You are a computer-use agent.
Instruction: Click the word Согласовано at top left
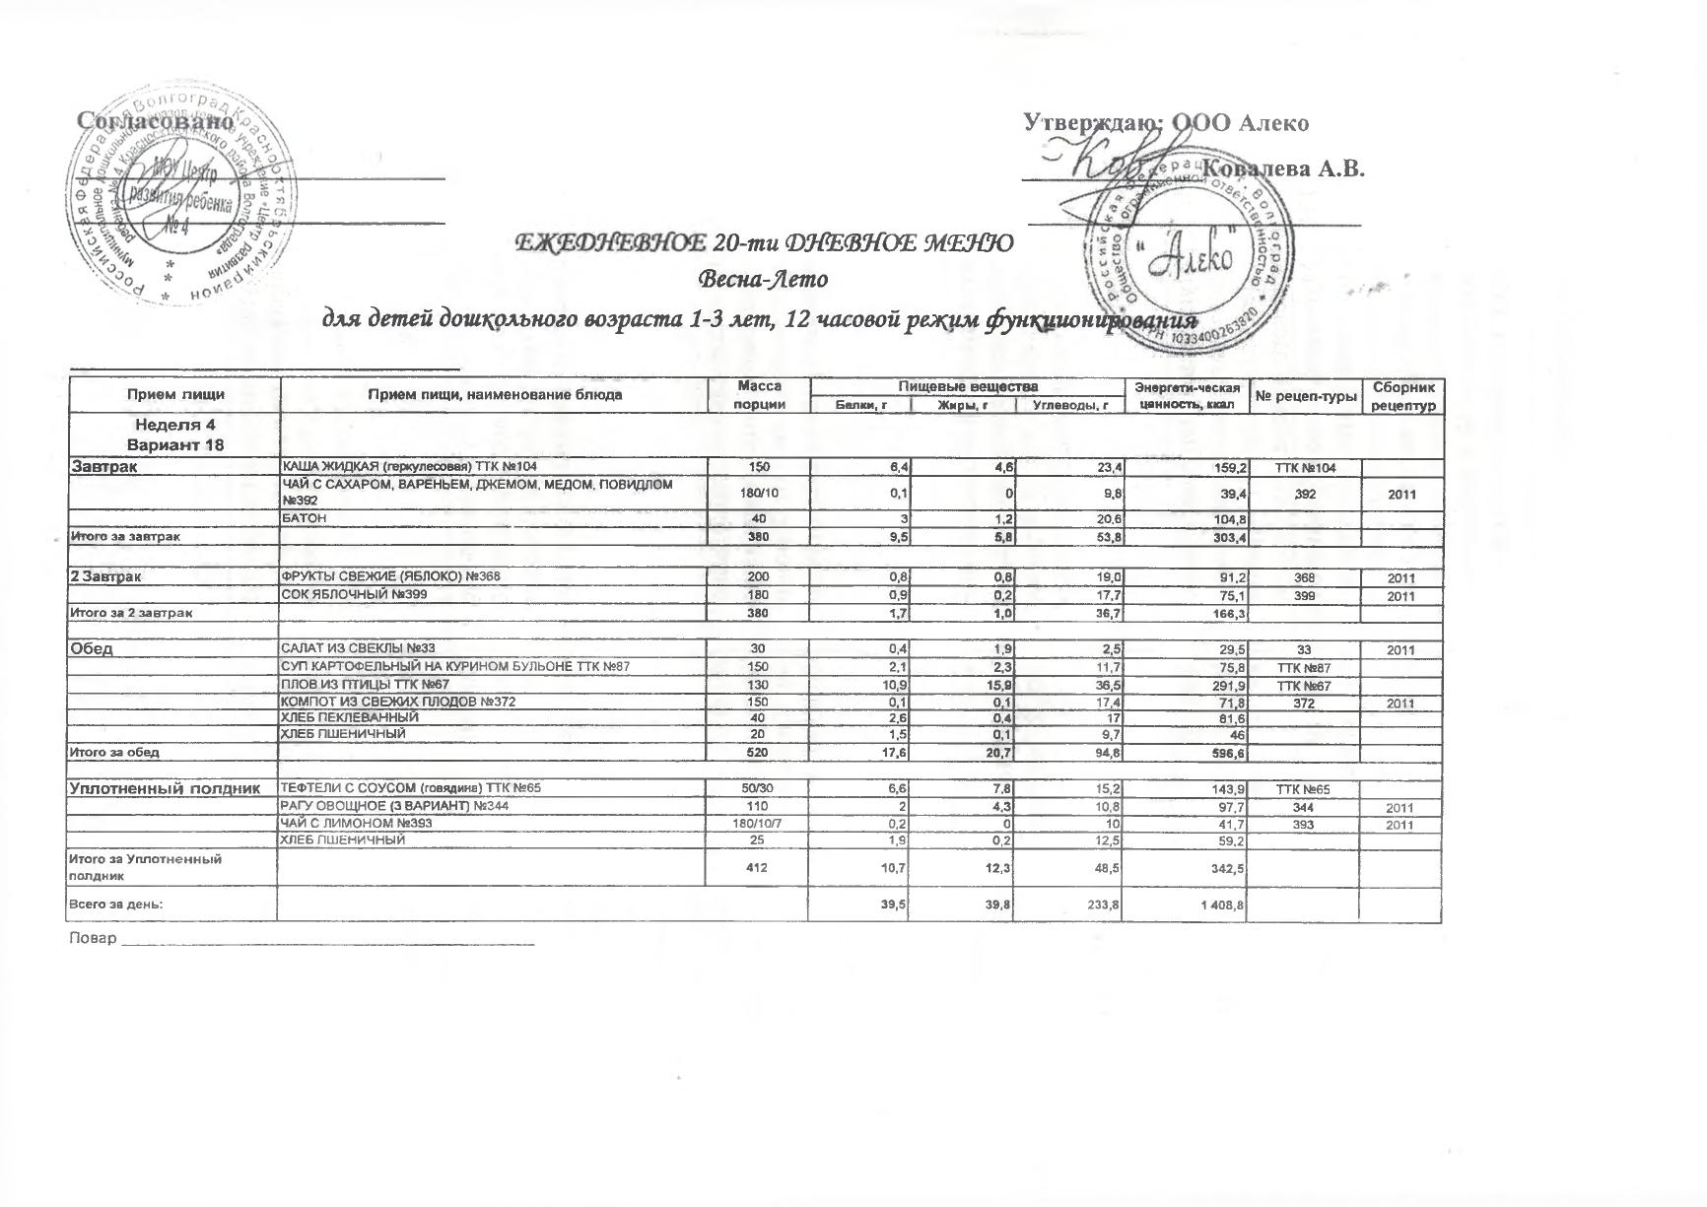(156, 121)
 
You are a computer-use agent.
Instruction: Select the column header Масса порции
(759, 395)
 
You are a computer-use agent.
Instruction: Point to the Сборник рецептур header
(1402, 395)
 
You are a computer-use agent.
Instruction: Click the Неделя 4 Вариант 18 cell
(174, 435)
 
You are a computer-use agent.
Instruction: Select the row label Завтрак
(102, 467)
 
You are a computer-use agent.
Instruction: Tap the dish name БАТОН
(305, 518)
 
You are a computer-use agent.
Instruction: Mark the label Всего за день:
(114, 904)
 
